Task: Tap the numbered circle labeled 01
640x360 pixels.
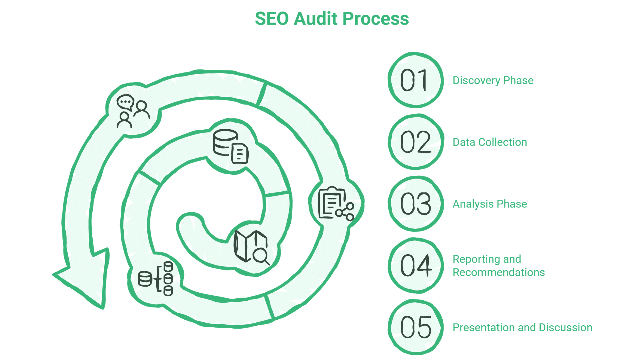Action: (415, 80)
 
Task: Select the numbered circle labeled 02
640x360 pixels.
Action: (415, 142)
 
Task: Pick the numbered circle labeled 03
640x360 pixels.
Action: (415, 204)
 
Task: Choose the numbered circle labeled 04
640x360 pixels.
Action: (415, 266)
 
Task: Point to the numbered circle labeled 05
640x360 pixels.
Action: (415, 327)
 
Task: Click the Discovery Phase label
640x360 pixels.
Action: (493, 81)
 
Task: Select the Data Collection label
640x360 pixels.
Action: (489, 142)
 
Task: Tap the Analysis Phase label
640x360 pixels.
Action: (489, 204)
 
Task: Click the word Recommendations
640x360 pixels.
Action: (498, 272)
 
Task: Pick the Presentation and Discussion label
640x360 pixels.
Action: (522, 328)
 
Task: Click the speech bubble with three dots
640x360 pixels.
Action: (125, 102)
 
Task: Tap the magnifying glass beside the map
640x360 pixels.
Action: (261, 256)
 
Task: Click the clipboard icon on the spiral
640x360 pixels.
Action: (330, 202)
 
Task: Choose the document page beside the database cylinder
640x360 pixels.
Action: (240, 154)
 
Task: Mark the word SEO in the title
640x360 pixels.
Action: (272, 19)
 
